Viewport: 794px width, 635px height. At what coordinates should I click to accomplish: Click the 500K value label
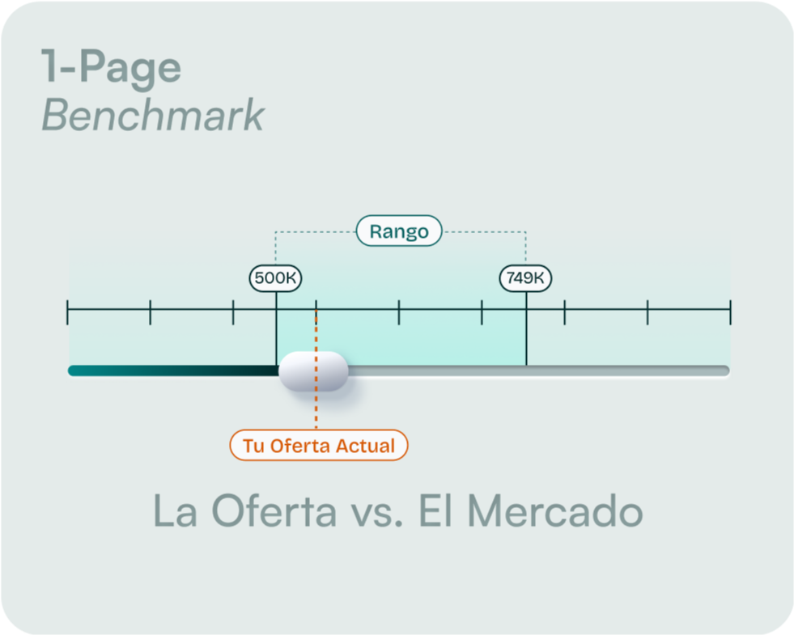pyautogui.click(x=275, y=278)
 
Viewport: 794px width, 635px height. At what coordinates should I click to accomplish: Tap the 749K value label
pyautogui.click(x=525, y=278)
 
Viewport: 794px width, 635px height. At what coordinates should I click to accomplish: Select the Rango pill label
pyautogui.click(x=399, y=231)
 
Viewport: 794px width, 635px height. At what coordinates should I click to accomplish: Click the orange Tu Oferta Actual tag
pyautogui.click(x=318, y=445)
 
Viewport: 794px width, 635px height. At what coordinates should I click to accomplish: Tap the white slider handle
pyautogui.click(x=313, y=371)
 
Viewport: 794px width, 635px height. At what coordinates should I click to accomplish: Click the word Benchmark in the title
pyautogui.click(x=153, y=116)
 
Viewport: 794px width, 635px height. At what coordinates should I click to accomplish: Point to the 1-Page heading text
pyautogui.click(x=111, y=68)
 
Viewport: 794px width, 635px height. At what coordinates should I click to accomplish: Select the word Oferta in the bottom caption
pyautogui.click(x=274, y=511)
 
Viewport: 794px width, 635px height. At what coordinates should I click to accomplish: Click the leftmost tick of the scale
pyautogui.click(x=68, y=311)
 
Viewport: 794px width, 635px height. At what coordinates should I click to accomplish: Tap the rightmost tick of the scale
pyautogui.click(x=730, y=311)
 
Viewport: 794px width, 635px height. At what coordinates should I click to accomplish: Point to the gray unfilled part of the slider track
pyautogui.click(x=534, y=371)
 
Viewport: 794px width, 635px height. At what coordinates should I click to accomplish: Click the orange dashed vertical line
pyautogui.click(x=316, y=409)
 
